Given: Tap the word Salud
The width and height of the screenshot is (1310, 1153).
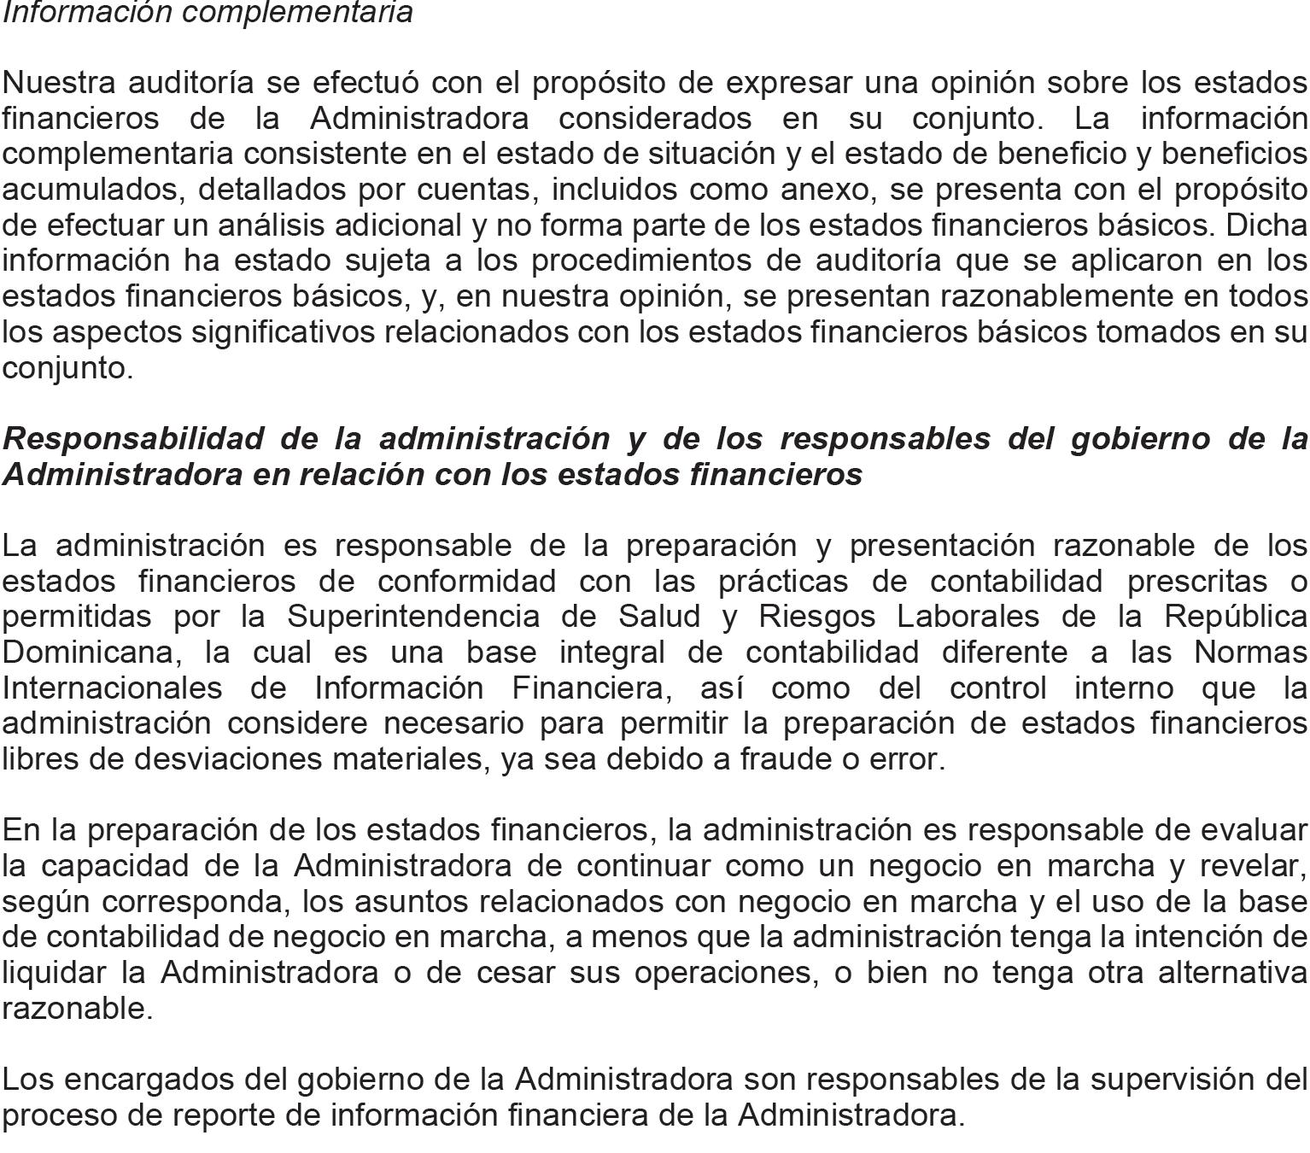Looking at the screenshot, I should (x=666, y=616).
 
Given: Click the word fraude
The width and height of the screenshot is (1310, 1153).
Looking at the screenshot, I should (x=785, y=758).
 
